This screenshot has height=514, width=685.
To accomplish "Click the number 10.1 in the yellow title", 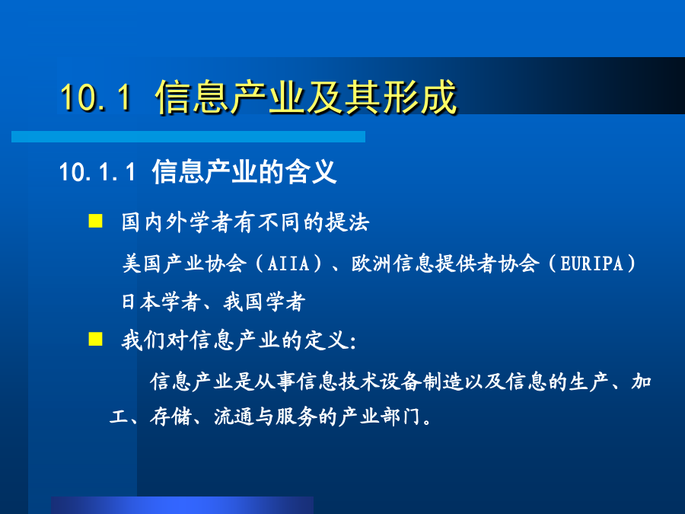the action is point(96,97).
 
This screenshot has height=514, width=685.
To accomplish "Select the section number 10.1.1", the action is point(97,171).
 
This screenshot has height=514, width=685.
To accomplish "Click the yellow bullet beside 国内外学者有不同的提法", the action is point(95,221).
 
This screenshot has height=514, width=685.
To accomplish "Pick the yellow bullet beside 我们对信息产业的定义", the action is point(95,339).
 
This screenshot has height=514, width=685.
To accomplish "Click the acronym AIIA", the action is point(288,263).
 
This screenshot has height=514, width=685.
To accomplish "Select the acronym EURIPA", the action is point(591,263).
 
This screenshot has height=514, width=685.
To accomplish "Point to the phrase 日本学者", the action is point(161,302).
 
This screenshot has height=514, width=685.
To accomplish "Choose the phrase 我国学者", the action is point(264,302).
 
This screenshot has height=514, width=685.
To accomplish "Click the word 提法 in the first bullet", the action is point(348,222).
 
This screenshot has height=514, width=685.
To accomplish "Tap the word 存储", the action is point(170,417).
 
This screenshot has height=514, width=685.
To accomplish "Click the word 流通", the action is point(234,417).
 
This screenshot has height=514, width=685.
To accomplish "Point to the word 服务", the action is point(296,417).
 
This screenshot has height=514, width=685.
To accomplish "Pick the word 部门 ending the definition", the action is point(400,417).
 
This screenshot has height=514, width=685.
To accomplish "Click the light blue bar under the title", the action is point(188,136).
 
